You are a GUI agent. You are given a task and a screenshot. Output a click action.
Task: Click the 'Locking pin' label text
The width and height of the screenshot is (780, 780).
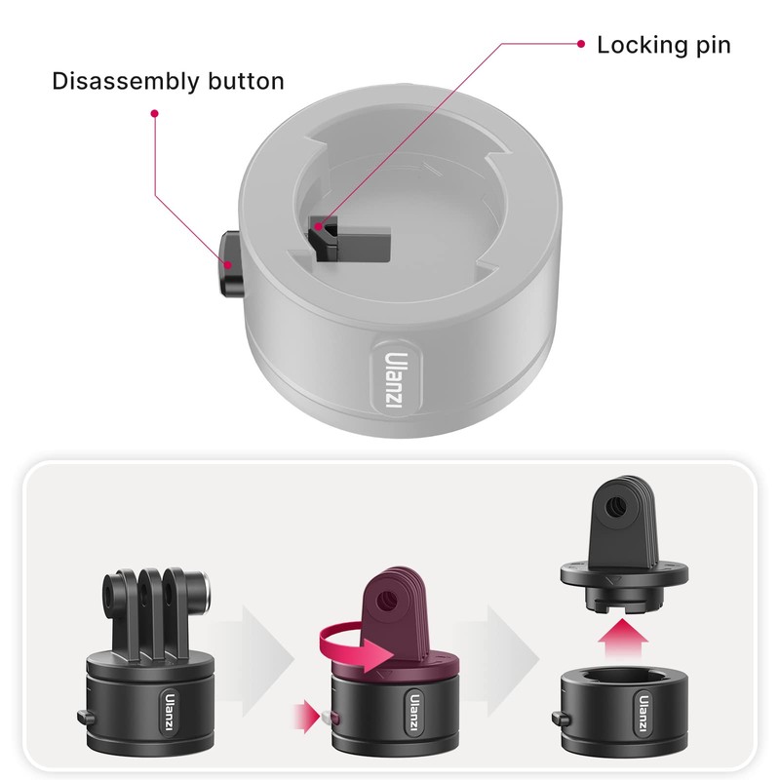(x=663, y=45)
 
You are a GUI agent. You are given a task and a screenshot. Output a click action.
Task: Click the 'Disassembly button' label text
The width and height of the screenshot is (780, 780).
(x=168, y=81)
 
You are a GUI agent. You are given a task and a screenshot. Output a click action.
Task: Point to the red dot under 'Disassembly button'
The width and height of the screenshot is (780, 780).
(x=154, y=114)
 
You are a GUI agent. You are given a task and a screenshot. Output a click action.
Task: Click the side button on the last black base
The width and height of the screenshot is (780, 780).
(x=562, y=719)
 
